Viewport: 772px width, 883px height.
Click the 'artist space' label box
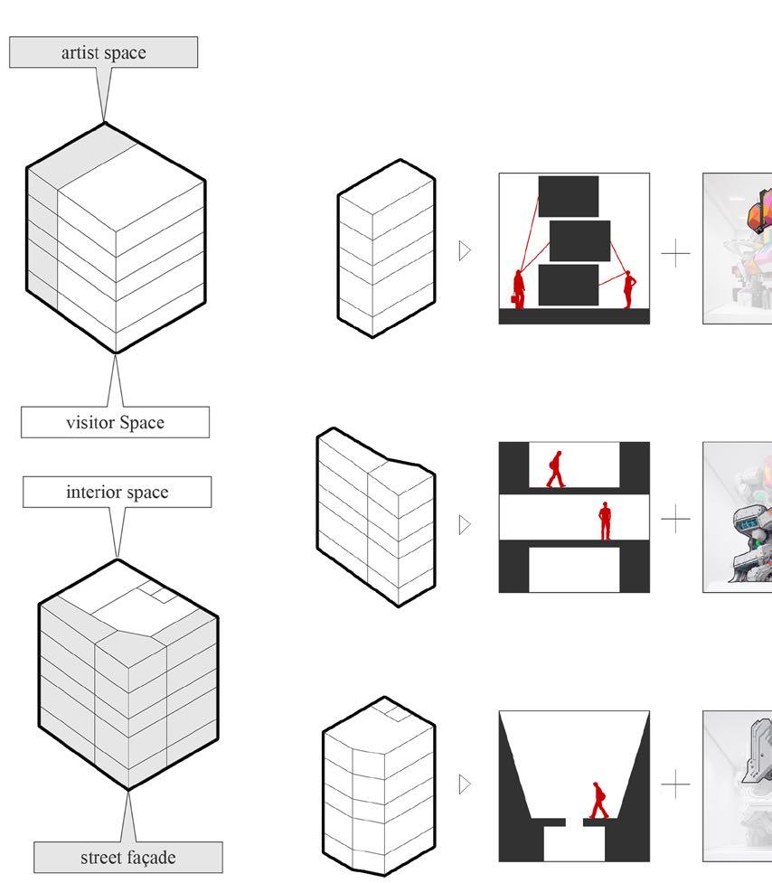pyautogui.click(x=104, y=52)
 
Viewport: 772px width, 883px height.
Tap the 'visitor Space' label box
pyautogui.click(x=116, y=422)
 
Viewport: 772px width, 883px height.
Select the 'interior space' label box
pyautogui.click(x=118, y=492)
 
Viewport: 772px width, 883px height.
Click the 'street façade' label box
pyautogui.click(x=128, y=857)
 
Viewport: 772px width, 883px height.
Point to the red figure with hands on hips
pyautogui.click(x=628, y=289)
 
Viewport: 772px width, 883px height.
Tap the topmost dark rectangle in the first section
pyautogui.click(x=569, y=196)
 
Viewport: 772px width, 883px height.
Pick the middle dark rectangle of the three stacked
pyautogui.click(x=579, y=241)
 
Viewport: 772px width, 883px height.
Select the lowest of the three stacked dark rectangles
pyautogui.click(x=569, y=285)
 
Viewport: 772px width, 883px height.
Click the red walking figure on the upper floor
pyautogui.click(x=556, y=469)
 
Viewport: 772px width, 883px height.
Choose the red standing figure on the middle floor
pyautogui.click(x=605, y=521)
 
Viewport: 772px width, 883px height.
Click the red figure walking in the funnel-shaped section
pyautogui.click(x=598, y=800)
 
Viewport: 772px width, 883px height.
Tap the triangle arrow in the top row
pyautogui.click(x=465, y=250)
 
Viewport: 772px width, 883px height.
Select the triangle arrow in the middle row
pyautogui.click(x=465, y=525)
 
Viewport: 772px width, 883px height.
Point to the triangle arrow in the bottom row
pyautogui.click(x=465, y=784)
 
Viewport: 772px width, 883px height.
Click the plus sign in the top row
pyautogui.click(x=675, y=254)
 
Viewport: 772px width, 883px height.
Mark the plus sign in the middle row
pyautogui.click(x=675, y=518)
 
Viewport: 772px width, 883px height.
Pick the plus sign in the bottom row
pyautogui.click(x=675, y=784)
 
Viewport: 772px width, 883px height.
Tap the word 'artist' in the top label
pyautogui.click(x=81, y=52)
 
